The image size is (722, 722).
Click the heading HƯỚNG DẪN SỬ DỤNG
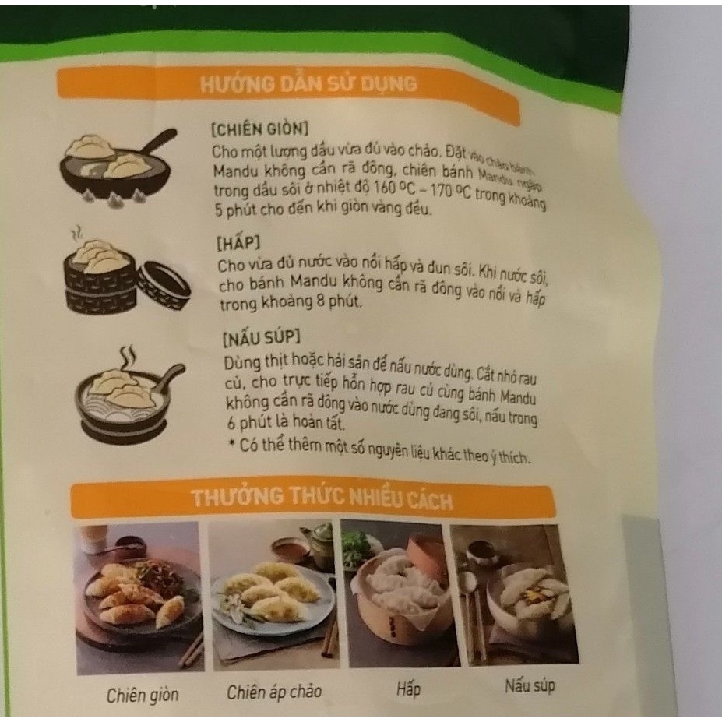[308, 85]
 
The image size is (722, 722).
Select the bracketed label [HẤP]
[233, 243]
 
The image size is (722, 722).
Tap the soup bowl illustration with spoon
[125, 393]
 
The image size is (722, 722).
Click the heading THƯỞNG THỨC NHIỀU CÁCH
[322, 499]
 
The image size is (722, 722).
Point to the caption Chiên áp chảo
[274, 692]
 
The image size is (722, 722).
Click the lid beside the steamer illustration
[164, 284]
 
